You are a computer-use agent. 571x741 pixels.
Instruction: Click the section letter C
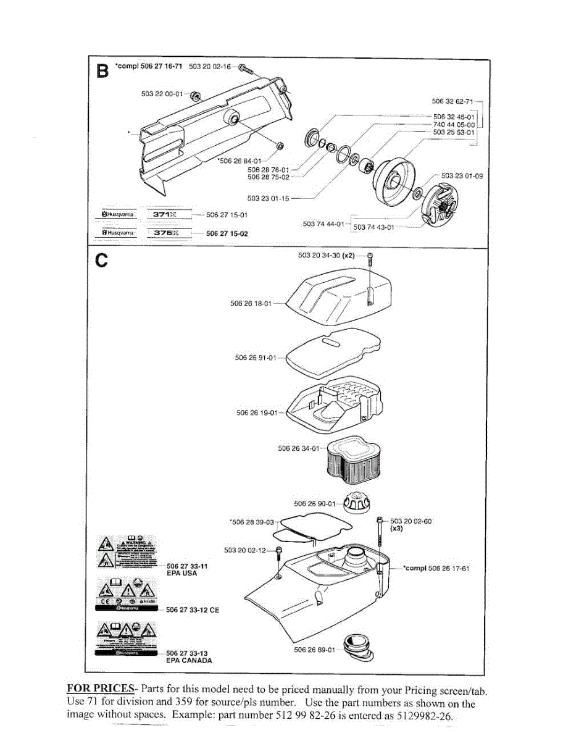pyautogui.click(x=101, y=260)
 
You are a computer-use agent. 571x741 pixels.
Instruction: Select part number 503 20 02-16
pyautogui.click(x=209, y=66)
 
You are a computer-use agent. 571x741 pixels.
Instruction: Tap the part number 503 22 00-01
pyautogui.click(x=162, y=94)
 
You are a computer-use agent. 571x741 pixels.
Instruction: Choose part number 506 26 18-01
pyautogui.click(x=251, y=303)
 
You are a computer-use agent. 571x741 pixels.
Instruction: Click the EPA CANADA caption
pyautogui.click(x=189, y=660)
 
